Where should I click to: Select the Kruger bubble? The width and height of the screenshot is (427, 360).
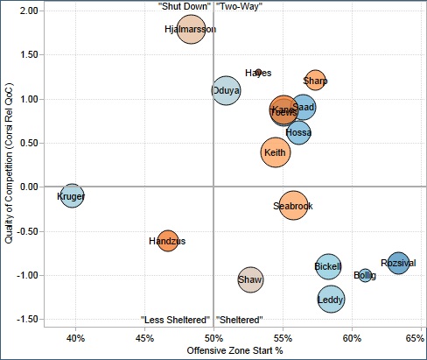click(x=72, y=196)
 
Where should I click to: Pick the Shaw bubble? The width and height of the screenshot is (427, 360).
click(x=250, y=280)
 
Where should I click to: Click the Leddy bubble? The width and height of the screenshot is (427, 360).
click(x=331, y=300)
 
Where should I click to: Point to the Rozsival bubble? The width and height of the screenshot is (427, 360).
click(x=398, y=262)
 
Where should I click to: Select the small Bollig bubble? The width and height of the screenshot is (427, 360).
click(x=365, y=275)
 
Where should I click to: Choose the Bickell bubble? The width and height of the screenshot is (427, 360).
click(x=328, y=265)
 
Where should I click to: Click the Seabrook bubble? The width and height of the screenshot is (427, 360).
click(x=293, y=206)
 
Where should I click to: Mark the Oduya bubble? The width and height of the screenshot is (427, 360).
click(x=226, y=90)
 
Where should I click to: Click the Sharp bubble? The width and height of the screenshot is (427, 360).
click(x=315, y=81)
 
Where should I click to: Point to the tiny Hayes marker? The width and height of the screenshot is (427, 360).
click(x=258, y=73)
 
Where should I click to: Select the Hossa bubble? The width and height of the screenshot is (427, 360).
click(x=298, y=132)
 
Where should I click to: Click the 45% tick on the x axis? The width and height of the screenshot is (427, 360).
click(x=144, y=337)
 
